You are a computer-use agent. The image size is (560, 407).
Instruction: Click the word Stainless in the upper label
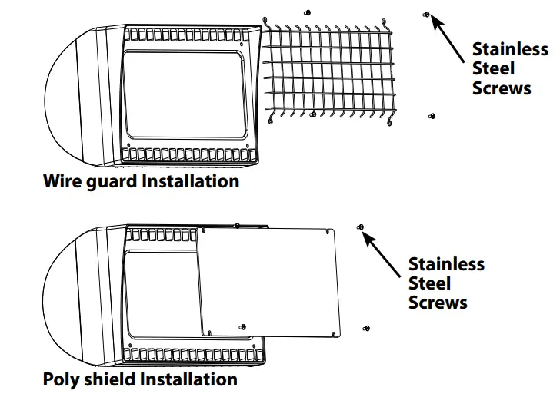(510, 49)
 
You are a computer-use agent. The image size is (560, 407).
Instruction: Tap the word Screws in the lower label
(438, 303)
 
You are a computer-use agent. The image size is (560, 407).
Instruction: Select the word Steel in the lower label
(430, 283)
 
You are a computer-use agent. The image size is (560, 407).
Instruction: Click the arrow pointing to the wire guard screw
(450, 33)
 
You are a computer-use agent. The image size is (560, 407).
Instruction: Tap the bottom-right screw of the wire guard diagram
(431, 116)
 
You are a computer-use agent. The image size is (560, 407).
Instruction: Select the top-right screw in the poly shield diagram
(360, 227)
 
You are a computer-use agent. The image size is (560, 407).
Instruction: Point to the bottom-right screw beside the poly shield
(367, 329)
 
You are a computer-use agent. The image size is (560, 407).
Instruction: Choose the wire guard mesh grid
(329, 69)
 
